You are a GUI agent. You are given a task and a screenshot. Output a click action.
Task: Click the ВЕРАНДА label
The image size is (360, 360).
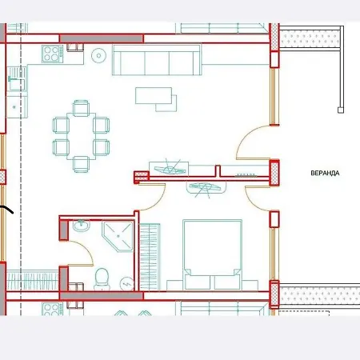click(325, 173)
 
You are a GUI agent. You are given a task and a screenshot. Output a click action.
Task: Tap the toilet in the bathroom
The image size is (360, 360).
click(102, 278)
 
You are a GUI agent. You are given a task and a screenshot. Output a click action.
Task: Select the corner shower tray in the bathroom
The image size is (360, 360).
click(118, 236)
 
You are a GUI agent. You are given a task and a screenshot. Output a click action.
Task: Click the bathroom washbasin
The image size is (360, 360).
click(82, 226)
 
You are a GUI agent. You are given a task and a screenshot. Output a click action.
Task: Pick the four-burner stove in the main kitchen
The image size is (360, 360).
click(53, 54)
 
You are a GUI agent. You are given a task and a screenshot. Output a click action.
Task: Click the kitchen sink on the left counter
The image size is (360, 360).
click(17, 79)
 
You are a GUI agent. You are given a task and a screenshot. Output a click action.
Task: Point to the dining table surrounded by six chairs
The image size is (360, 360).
click(81, 136)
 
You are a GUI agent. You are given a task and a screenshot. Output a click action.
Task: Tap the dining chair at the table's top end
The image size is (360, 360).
click(81, 108)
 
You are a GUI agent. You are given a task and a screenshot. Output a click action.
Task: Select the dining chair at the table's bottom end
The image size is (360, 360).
click(81, 164)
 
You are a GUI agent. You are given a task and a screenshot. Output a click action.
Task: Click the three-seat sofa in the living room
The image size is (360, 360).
click(157, 60)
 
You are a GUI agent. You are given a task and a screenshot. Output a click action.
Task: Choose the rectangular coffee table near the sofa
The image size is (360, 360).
click(154, 95)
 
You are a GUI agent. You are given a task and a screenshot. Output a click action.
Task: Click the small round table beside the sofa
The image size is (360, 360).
click(98, 56)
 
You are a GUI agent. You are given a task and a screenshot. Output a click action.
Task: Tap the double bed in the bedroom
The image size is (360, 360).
click(212, 254)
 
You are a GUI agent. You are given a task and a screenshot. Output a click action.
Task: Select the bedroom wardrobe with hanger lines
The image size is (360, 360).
click(150, 257)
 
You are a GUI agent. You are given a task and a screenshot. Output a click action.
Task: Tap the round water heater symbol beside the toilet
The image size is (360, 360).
click(127, 283)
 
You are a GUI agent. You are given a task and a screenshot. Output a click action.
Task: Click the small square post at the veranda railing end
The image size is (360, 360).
click(341, 110)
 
